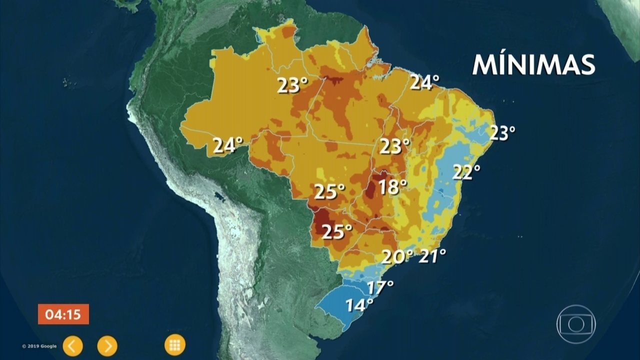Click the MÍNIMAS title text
[x=533, y=65]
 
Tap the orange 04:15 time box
[x=63, y=314]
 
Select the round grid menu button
[x=174, y=344]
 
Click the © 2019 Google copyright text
[x=39, y=346]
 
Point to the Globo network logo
[x=576, y=323]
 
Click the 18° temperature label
[x=392, y=187]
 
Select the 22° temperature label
[x=466, y=171]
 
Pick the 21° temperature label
[x=432, y=256]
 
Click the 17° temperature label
[x=380, y=287]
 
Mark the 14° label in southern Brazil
[x=359, y=304]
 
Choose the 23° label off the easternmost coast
[x=501, y=133]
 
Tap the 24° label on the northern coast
[x=424, y=82]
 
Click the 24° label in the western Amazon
[x=227, y=145]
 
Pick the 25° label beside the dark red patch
[x=336, y=232]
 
